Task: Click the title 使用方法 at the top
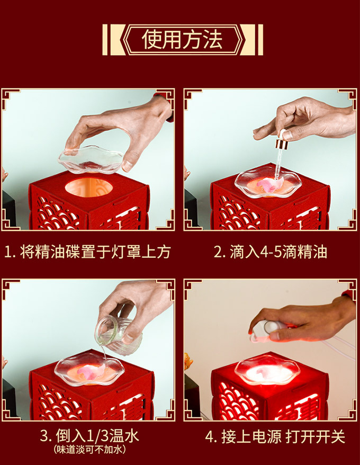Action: coord(182,40)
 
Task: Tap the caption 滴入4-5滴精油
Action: coord(278,252)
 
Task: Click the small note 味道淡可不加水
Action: coord(90,450)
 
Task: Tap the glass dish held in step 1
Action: coord(91,159)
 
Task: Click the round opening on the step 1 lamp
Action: coord(88,187)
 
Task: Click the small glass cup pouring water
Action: coord(118,336)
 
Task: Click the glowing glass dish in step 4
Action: coord(267,370)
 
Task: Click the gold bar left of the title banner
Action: coord(105,40)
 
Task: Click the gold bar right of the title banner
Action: coord(260,40)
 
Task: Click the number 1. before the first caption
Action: coord(11,253)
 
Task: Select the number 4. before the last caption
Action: coord(211,437)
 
